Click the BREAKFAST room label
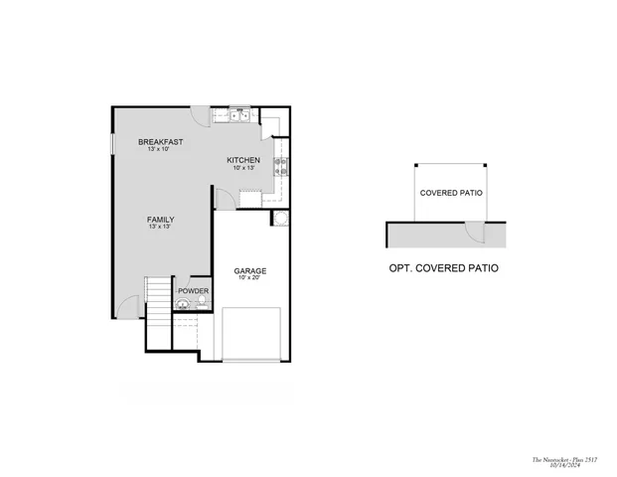click(159, 142)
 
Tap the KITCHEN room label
click(243, 160)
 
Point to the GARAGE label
click(249, 270)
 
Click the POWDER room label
click(193, 290)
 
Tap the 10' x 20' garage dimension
click(249, 278)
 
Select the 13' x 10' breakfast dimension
click(159, 150)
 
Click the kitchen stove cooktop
click(281, 166)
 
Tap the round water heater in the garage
click(281, 218)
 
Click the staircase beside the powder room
click(158, 298)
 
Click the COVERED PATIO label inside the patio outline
click(451, 193)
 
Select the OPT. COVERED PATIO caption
click(443, 268)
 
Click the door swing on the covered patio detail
click(476, 234)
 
